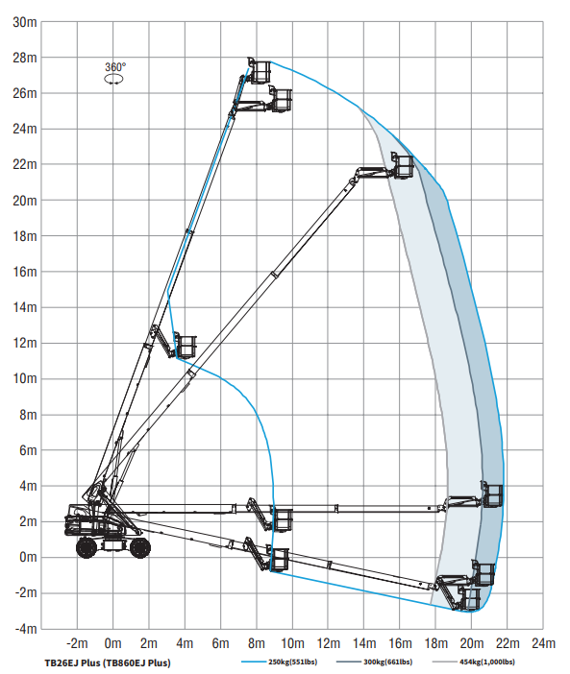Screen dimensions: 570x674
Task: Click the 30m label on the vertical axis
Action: click(25, 22)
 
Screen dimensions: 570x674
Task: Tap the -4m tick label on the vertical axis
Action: click(26, 629)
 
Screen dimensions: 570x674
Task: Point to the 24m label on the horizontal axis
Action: click(543, 643)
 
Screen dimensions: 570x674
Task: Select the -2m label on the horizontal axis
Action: click(77, 643)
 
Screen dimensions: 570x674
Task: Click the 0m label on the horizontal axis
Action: click(112, 643)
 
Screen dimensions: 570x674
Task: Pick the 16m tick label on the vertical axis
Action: click(25, 272)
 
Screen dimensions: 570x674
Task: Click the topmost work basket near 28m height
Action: click(260, 70)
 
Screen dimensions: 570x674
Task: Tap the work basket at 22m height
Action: click(403, 165)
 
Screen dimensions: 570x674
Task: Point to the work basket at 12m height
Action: click(185, 346)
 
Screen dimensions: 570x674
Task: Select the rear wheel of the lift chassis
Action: click(87, 547)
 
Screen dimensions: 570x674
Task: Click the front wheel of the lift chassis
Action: click(139, 547)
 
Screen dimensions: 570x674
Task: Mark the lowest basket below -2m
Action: click(469, 598)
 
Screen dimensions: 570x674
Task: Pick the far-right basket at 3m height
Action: click(492, 494)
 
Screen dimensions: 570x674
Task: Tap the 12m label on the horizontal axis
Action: click(328, 643)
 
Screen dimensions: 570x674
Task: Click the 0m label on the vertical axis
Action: click(29, 557)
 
